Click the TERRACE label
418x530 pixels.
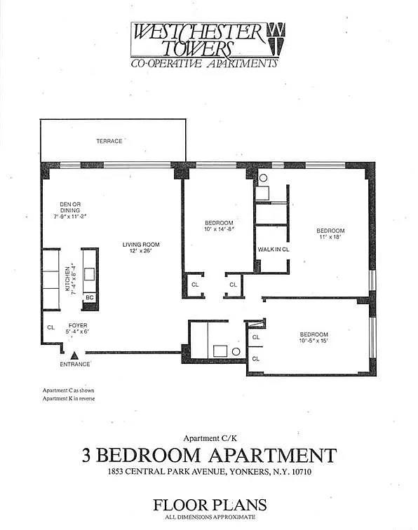[109, 141]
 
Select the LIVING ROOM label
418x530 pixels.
[141, 245]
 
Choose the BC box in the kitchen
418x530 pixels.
[89, 297]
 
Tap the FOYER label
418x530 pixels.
[77, 326]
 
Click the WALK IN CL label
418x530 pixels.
[274, 250]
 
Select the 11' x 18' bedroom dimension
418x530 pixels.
[330, 238]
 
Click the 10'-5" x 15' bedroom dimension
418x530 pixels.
[313, 341]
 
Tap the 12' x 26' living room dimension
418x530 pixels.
[141, 252]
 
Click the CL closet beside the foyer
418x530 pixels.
[50, 327]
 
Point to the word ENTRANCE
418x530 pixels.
[74, 365]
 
